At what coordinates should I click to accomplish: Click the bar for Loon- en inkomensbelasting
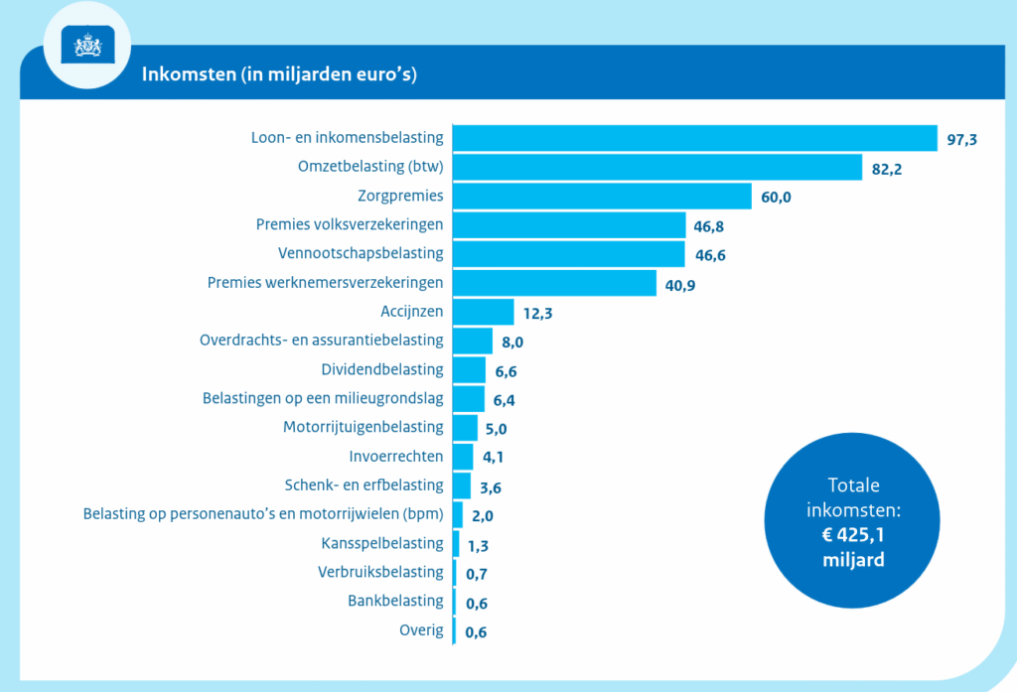coord(694,138)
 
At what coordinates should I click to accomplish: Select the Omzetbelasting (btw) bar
coord(656,167)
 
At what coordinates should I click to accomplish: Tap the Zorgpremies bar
coord(602,196)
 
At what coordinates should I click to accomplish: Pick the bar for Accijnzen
coord(483,312)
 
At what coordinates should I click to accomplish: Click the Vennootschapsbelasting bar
coord(568,254)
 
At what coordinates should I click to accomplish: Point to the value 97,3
coord(961,140)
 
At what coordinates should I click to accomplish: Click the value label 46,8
coord(709,227)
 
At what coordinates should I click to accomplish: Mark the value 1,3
coord(478,545)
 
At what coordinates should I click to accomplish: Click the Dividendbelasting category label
coord(382,369)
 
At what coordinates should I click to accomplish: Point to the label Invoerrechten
coord(396,457)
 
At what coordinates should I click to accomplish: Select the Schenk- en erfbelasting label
coord(363,485)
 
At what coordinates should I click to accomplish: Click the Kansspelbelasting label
coord(382,543)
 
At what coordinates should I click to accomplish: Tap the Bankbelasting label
coord(395,601)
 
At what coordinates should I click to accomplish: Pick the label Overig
coord(421,629)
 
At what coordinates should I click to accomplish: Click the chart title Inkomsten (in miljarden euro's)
coord(279,75)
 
